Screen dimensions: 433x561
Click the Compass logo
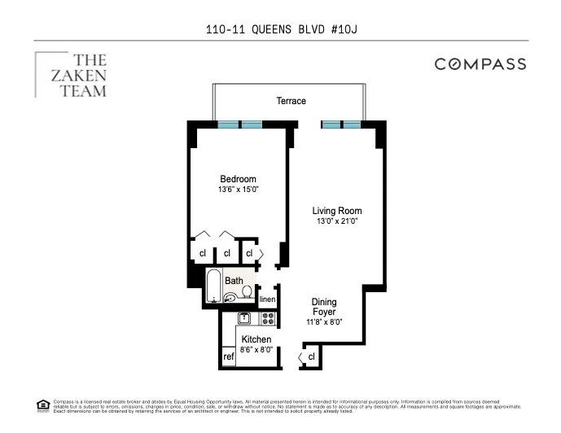pos(480,64)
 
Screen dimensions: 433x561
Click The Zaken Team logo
pos(72,75)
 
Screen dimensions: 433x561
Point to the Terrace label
pos(290,101)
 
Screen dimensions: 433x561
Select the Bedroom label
pos(238,179)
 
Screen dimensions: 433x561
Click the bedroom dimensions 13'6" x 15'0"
pos(238,190)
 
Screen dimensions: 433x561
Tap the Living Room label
pos(337,211)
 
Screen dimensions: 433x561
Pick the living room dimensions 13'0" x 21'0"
pos(337,221)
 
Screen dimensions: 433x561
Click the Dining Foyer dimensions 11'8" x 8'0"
pos(324,322)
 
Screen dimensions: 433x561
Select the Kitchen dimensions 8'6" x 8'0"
pos(255,350)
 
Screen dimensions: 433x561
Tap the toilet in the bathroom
pos(247,292)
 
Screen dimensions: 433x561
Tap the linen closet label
pos(266,299)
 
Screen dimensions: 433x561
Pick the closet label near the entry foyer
pos(311,356)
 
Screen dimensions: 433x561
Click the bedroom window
pos(240,125)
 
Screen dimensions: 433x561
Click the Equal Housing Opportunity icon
pos(42,405)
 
